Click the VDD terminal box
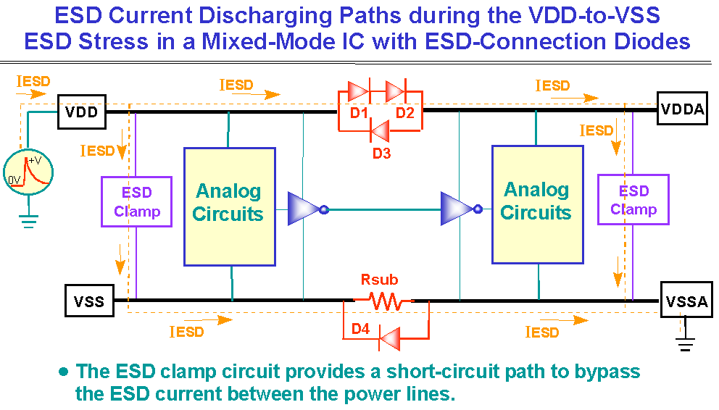pos(83,112)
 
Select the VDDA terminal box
pos(681,109)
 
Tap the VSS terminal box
pos(90,301)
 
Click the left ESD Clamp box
pos(137,202)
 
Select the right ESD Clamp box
pos(633,200)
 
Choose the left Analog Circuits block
pos(229,203)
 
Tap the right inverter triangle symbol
pos(458,209)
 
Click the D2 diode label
pos(404,113)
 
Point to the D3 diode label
pos(382,152)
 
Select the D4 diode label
pos(361,330)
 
